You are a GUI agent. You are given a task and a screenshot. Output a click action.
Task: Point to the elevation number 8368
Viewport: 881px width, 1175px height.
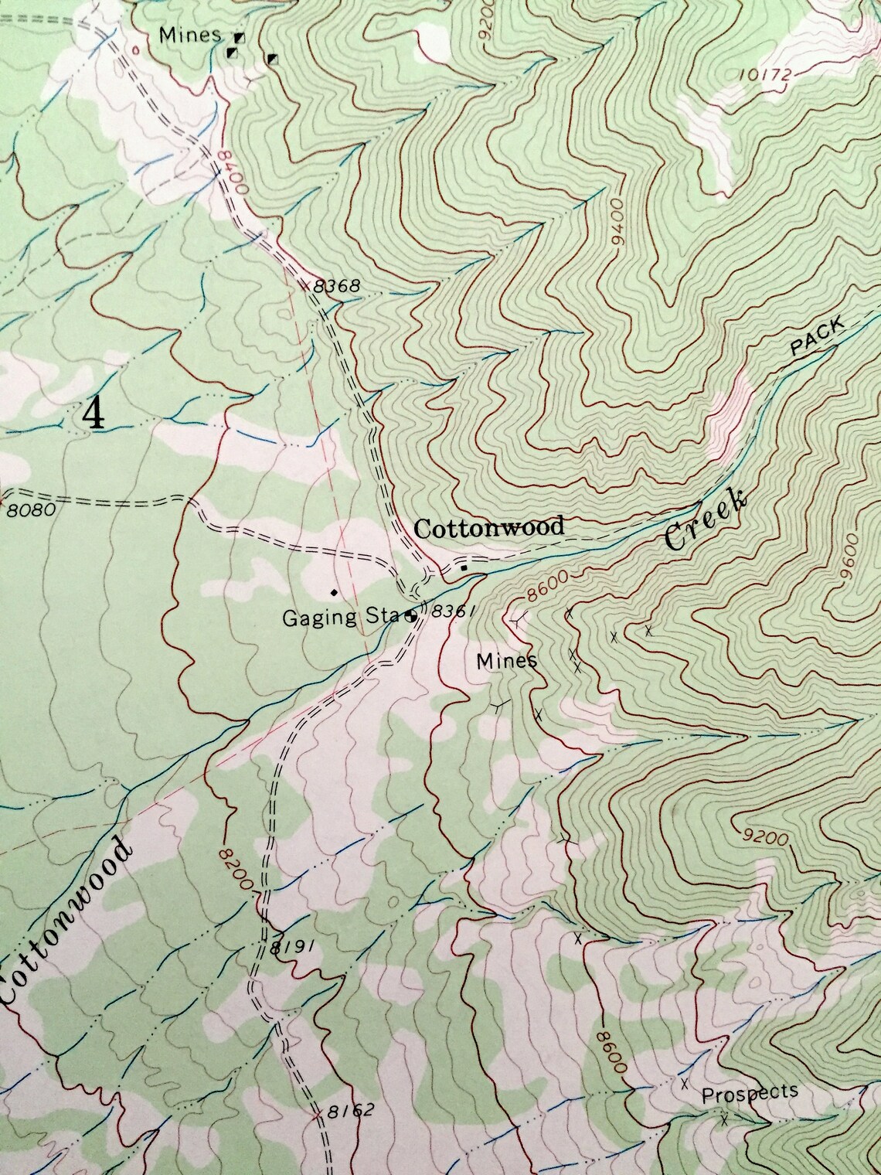(x=338, y=285)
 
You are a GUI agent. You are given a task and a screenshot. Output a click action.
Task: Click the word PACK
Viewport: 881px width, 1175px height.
(x=808, y=343)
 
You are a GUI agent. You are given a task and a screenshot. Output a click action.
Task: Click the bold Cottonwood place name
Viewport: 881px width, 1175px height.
(x=489, y=528)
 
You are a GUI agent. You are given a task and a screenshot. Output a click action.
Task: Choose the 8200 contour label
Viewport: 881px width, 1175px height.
(x=236, y=869)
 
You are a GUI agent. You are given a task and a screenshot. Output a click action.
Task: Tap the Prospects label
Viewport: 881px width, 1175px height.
(x=749, y=1093)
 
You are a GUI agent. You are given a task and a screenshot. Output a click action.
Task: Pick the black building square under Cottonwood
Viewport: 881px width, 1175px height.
(x=463, y=568)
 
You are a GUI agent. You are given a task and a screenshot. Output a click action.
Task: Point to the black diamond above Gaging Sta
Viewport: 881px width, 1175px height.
(x=333, y=593)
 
